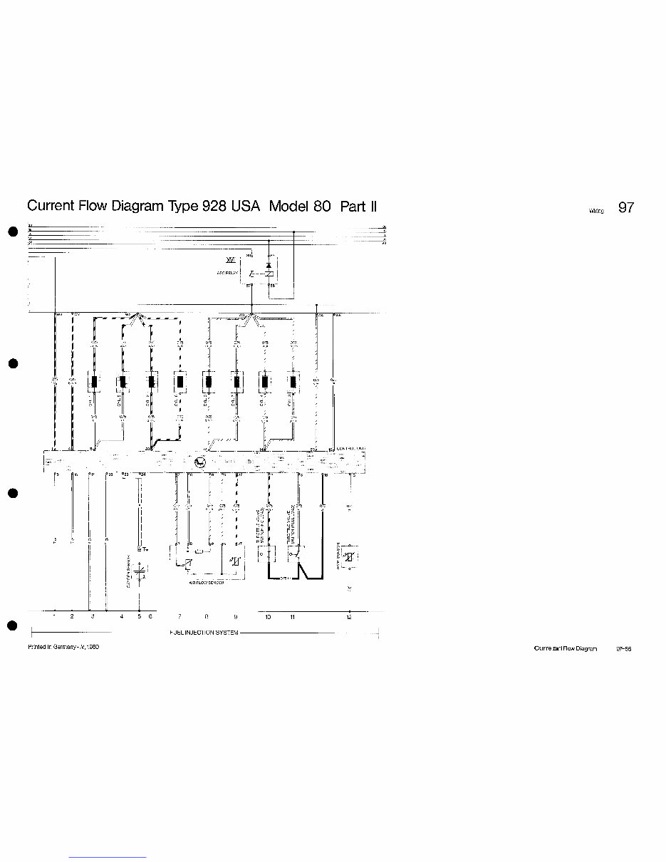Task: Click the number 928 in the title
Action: (x=214, y=207)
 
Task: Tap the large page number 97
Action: (x=625, y=208)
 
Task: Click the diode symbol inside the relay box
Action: (x=268, y=265)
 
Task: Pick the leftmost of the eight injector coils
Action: (x=95, y=382)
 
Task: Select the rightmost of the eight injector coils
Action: (x=292, y=382)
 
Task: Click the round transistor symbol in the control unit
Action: (x=199, y=463)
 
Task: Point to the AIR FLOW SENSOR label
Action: (x=207, y=583)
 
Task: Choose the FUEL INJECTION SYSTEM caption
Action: (x=204, y=633)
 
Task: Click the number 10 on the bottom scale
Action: (x=268, y=617)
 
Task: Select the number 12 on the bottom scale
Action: (x=348, y=617)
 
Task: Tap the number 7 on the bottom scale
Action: (x=179, y=617)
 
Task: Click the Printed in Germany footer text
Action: (x=63, y=647)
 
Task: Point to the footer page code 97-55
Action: (x=624, y=649)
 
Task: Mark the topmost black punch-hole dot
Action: (x=11, y=232)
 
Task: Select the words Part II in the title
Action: (x=358, y=207)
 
